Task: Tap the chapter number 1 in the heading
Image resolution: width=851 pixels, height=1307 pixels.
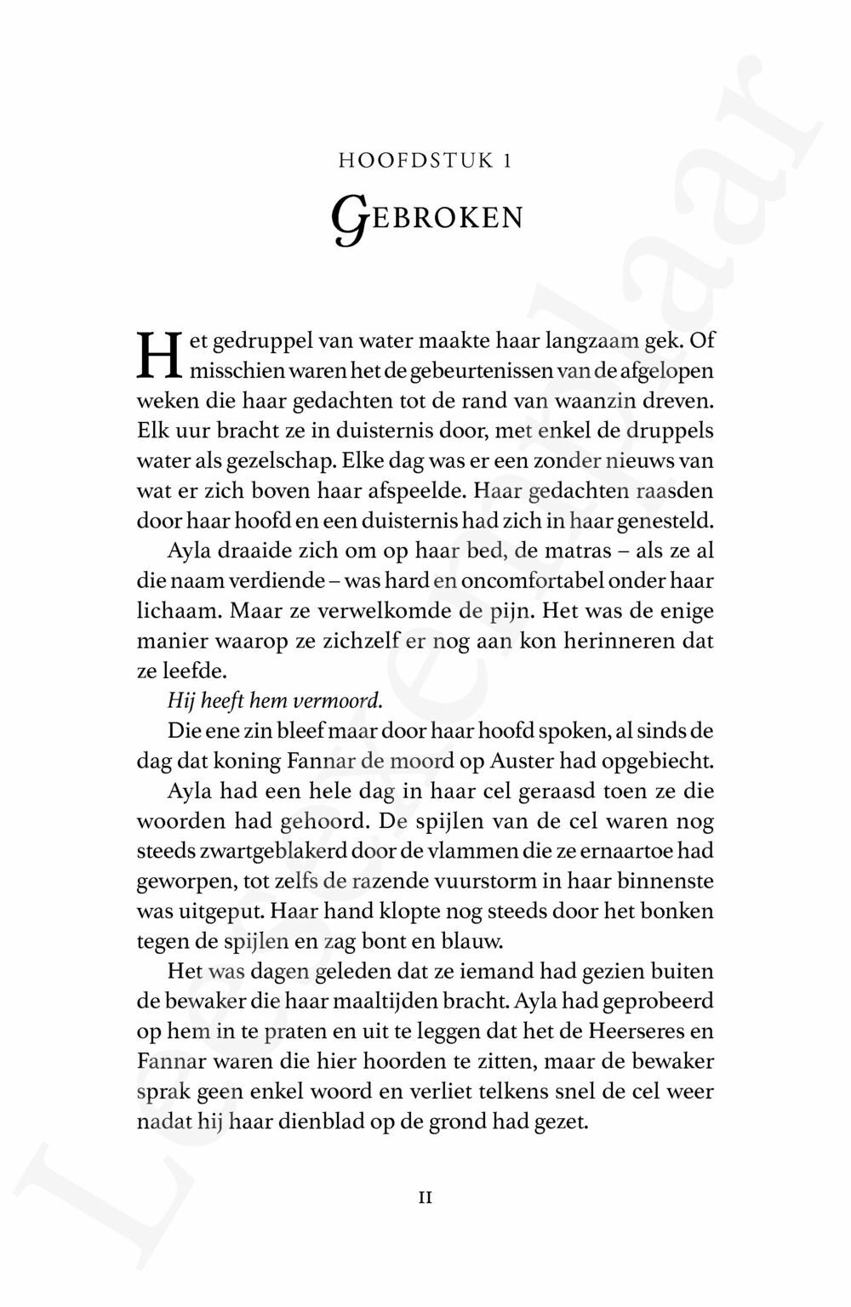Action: [507, 160]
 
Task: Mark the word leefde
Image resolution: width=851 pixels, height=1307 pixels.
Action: [181, 671]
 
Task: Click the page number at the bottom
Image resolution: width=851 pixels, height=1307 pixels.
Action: [425, 1197]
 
